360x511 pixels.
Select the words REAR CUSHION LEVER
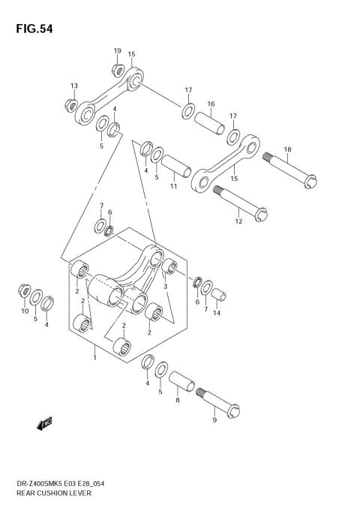[x=52, y=497]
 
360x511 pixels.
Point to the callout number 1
[x=94, y=357]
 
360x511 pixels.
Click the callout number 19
[x=117, y=51]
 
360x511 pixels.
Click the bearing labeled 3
[x=170, y=268]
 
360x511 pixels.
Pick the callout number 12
[x=239, y=221]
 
